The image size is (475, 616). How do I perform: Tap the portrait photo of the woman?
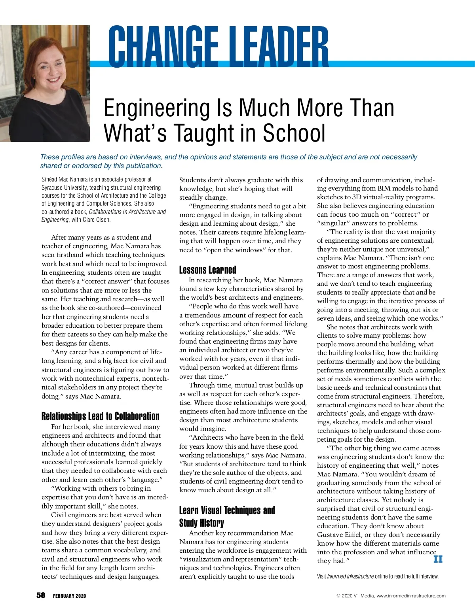point(45,83)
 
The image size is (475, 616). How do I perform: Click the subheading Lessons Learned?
point(207,270)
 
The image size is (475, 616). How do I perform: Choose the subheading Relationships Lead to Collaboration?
point(100,416)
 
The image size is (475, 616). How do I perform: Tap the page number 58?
point(41,595)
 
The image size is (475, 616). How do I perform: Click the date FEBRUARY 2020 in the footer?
point(69,596)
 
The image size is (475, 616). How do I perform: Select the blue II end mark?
point(438,559)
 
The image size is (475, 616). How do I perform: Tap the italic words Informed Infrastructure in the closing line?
point(350,576)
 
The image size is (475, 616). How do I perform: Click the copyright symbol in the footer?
point(338,596)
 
